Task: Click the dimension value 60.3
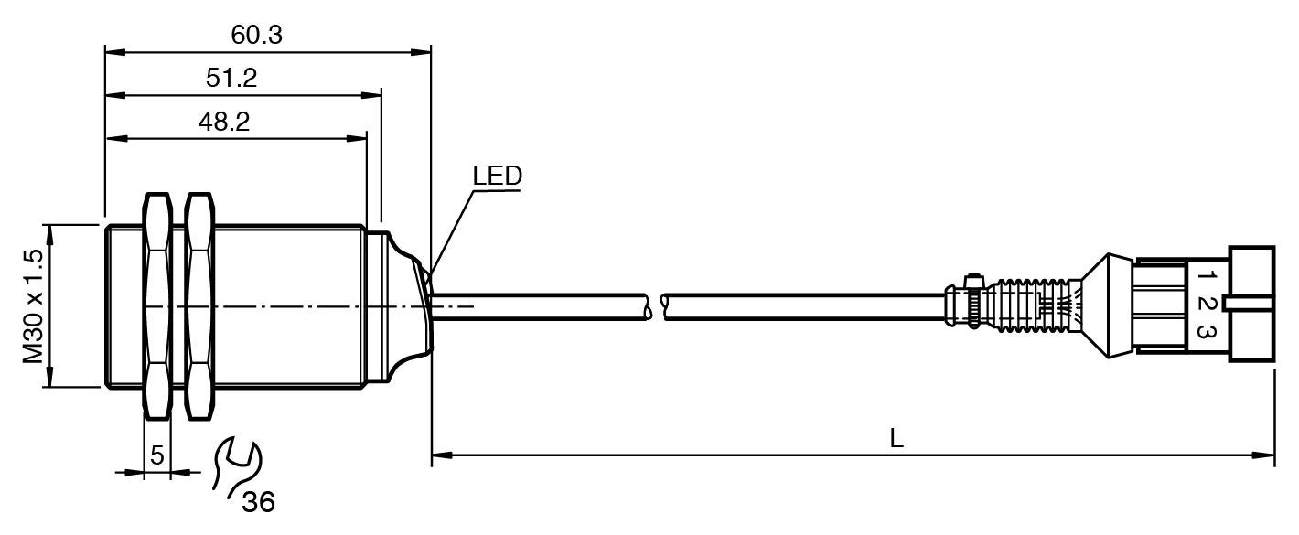point(257,36)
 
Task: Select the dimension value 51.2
point(231,79)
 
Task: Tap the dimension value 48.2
point(225,123)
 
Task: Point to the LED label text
point(497,176)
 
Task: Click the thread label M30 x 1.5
point(34,306)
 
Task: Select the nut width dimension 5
point(156,455)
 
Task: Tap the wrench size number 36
point(258,501)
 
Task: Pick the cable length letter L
point(896,439)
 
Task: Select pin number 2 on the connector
point(1207,304)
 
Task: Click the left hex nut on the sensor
point(156,305)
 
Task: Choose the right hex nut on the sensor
point(199,305)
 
